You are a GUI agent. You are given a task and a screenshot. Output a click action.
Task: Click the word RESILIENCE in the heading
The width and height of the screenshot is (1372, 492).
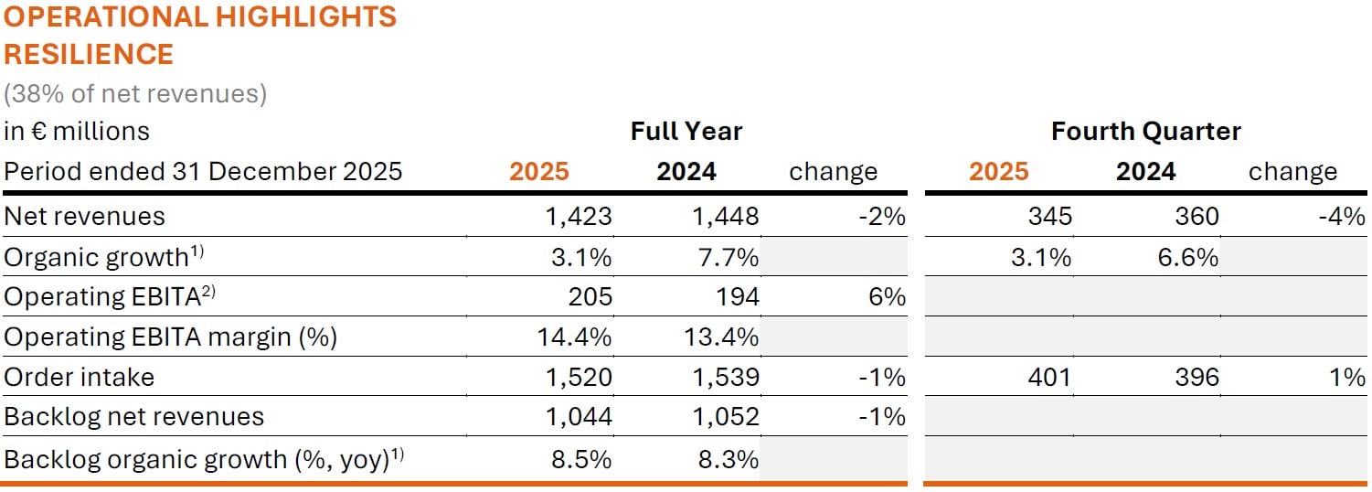[89, 54]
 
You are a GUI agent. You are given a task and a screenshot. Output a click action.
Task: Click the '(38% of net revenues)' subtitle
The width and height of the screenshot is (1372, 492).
[135, 94]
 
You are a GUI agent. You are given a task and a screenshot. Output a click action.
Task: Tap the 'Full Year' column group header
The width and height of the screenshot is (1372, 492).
[686, 131]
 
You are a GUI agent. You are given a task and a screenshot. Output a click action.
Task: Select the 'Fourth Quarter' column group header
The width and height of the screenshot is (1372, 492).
[1146, 131]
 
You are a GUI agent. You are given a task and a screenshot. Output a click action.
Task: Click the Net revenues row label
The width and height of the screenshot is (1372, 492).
[84, 217]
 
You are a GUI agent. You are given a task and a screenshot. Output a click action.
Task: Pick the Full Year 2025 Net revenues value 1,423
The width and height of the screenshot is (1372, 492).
[579, 217]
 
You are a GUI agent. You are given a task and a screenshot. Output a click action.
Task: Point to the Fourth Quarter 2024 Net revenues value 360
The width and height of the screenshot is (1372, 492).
[1197, 217]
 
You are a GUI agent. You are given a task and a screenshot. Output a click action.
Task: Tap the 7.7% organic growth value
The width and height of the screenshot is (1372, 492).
[729, 257]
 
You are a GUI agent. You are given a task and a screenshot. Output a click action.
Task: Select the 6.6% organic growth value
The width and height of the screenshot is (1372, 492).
[1187, 257]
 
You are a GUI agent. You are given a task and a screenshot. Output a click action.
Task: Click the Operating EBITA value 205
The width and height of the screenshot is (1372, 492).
[590, 296]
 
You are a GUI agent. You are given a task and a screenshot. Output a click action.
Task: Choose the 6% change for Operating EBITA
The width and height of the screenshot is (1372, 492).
[887, 296]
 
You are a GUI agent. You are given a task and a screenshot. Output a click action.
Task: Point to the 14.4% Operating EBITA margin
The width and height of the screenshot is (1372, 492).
[574, 337]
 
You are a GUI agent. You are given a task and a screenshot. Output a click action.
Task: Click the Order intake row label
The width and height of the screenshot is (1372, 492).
[79, 377]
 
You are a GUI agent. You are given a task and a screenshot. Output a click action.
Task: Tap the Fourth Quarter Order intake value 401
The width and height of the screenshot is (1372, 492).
[1049, 377]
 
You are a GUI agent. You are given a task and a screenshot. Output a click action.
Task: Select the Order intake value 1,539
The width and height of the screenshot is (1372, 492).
[725, 377]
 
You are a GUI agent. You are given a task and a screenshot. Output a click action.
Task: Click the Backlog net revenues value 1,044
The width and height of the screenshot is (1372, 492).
[579, 417]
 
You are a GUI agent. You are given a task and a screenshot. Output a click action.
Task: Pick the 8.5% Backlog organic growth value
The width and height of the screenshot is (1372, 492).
[581, 459]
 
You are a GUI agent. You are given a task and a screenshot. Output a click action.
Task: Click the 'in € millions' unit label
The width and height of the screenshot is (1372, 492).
[77, 131]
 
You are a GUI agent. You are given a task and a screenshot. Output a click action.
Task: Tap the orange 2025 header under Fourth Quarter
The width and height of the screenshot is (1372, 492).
[998, 172]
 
